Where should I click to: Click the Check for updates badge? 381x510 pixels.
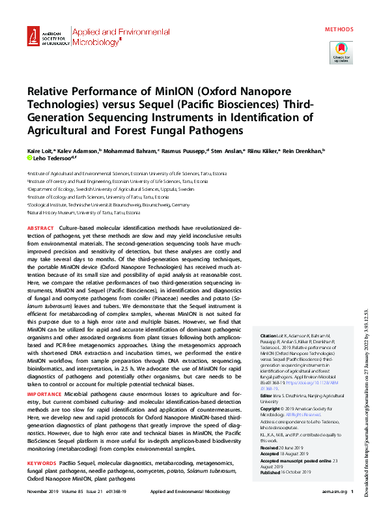[341, 51]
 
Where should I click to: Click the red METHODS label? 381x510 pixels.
[339, 29]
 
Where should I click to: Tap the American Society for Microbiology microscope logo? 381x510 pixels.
[34, 38]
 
